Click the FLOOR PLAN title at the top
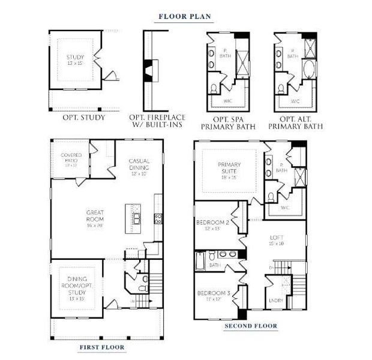click(185, 16)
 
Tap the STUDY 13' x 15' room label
click(75, 61)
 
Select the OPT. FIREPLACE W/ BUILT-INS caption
click(158, 121)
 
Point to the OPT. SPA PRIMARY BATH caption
click(228, 122)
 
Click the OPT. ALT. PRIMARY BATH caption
click(295, 122)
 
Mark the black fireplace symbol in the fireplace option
click(147, 66)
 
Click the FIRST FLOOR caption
click(103, 347)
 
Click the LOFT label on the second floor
click(275, 240)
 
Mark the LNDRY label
click(276, 301)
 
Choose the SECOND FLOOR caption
click(251, 326)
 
